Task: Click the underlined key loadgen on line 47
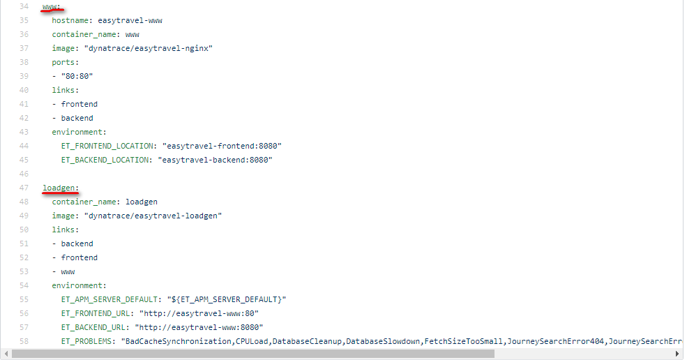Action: click(59, 188)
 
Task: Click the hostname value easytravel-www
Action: click(130, 21)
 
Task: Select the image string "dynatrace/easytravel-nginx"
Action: click(149, 48)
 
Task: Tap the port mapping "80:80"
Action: click(77, 76)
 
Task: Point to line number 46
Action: click(24, 174)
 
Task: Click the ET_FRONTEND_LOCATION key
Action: click(107, 146)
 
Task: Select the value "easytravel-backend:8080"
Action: click(215, 160)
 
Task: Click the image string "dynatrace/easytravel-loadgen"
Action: click(153, 216)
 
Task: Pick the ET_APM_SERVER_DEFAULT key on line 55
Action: click(110, 299)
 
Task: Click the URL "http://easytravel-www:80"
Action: click(199, 313)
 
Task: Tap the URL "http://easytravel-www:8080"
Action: click(199, 327)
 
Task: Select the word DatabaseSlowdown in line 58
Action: click(383, 342)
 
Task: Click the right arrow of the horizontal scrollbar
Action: click(677, 354)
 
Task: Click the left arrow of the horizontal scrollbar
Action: click(6, 354)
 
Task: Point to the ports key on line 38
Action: click(63, 62)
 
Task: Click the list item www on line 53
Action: click(68, 272)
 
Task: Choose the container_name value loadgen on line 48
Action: click(142, 202)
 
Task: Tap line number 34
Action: click(24, 6)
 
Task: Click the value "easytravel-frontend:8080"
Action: click(222, 146)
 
